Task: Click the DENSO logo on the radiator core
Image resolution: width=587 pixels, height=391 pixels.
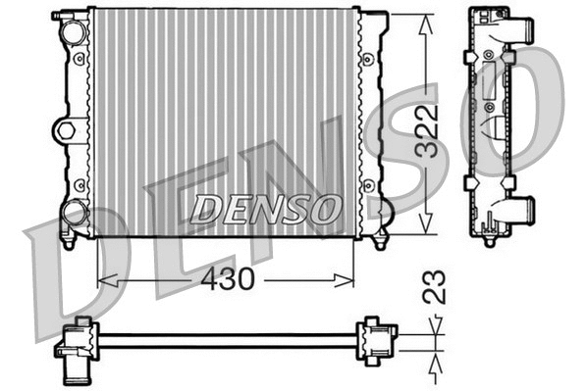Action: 266,207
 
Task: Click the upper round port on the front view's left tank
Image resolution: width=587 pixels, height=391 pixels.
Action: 75,30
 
